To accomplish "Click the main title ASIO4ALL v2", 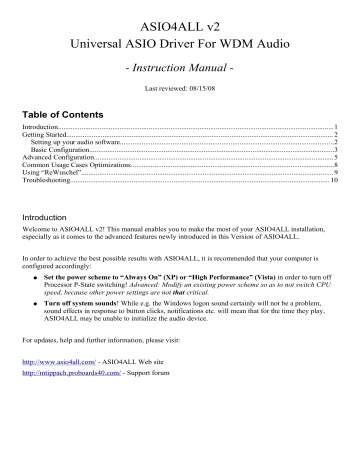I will click(180, 23).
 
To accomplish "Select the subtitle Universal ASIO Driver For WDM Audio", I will click(180, 46).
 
